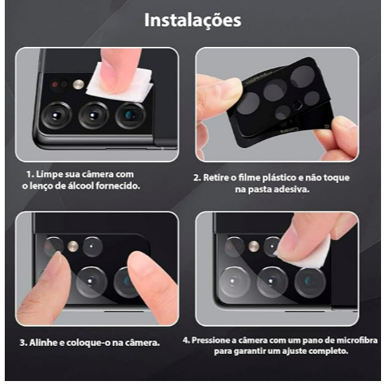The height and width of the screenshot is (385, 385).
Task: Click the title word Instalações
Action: (x=192, y=20)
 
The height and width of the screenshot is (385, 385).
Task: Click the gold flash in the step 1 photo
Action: (x=79, y=84)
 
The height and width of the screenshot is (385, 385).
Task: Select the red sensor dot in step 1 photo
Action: (x=55, y=85)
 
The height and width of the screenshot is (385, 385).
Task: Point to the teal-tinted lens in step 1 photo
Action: (x=130, y=115)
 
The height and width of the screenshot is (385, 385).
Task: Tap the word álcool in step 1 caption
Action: (x=80, y=186)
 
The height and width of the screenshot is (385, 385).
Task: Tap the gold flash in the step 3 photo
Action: (x=72, y=247)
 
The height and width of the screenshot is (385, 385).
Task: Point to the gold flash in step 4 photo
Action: (x=254, y=247)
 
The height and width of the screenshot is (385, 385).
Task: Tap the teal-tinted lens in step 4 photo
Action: (x=310, y=282)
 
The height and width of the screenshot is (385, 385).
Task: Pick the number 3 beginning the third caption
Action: (x=23, y=343)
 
